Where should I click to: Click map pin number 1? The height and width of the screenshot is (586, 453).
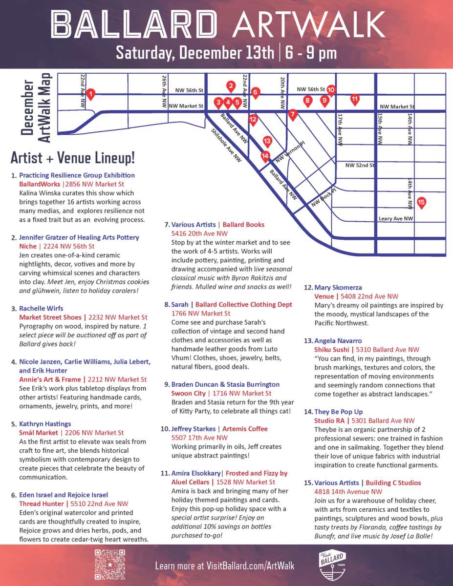[x=90, y=94]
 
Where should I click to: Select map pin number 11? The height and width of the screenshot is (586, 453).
[x=355, y=99]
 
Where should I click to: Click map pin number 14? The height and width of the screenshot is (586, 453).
[x=265, y=157]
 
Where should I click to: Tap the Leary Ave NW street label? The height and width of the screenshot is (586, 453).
[x=396, y=219]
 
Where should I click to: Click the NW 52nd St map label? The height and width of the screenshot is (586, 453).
[x=360, y=166]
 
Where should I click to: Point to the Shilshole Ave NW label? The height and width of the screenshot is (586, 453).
[x=226, y=145]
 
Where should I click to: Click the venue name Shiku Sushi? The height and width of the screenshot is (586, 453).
[x=331, y=350]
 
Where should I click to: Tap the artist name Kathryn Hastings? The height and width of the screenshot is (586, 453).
[x=45, y=424]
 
